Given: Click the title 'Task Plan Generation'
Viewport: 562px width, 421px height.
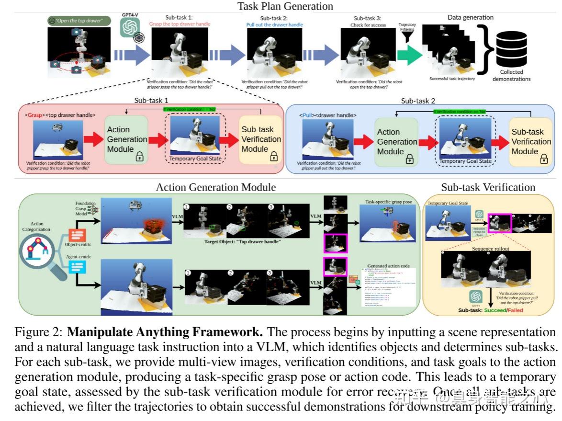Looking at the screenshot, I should tap(285, 6).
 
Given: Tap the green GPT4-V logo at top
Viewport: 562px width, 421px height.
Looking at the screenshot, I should tap(129, 29).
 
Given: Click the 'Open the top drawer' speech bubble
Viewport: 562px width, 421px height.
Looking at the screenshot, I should tap(79, 21).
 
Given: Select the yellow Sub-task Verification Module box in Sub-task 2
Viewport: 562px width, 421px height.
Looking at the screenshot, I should tap(530, 142).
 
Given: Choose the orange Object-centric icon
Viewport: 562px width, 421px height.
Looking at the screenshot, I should tap(77, 235).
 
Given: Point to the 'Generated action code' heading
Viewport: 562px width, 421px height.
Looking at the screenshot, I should tap(388, 266).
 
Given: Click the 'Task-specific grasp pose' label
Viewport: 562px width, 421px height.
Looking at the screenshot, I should tap(388, 202).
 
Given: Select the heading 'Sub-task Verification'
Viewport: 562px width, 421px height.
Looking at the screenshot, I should tap(488, 187).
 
